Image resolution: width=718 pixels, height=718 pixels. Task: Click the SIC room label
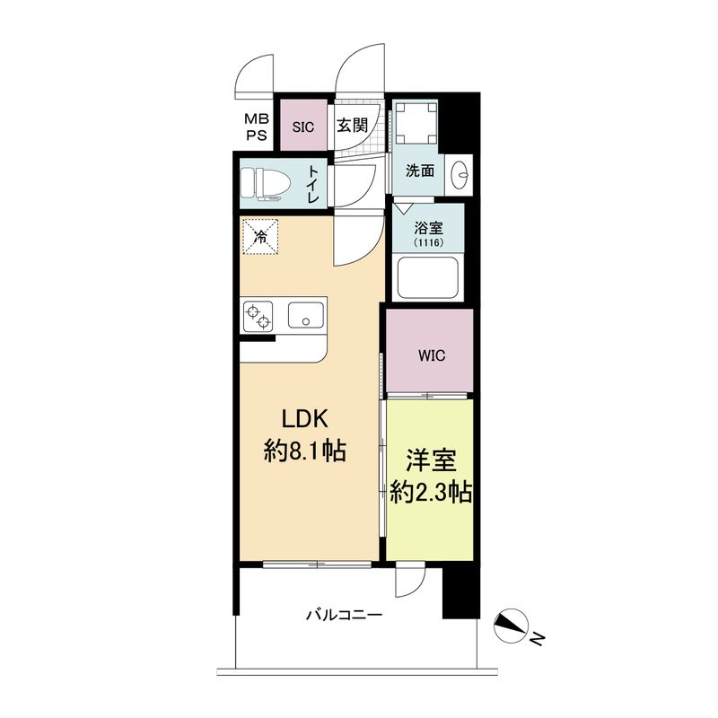pos(302,127)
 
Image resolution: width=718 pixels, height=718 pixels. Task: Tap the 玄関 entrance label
pos(352,127)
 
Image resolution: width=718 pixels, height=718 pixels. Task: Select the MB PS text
pos(258,127)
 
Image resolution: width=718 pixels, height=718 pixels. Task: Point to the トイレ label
pos(313,184)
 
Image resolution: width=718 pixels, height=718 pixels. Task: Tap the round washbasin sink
pos(461,171)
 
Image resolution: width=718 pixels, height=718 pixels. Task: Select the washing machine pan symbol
pos(418,123)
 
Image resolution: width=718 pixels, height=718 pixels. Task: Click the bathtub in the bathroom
pos(427,278)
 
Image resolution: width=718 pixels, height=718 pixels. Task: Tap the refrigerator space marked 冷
pos(260,237)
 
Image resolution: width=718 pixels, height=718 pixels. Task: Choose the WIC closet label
pos(430,353)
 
